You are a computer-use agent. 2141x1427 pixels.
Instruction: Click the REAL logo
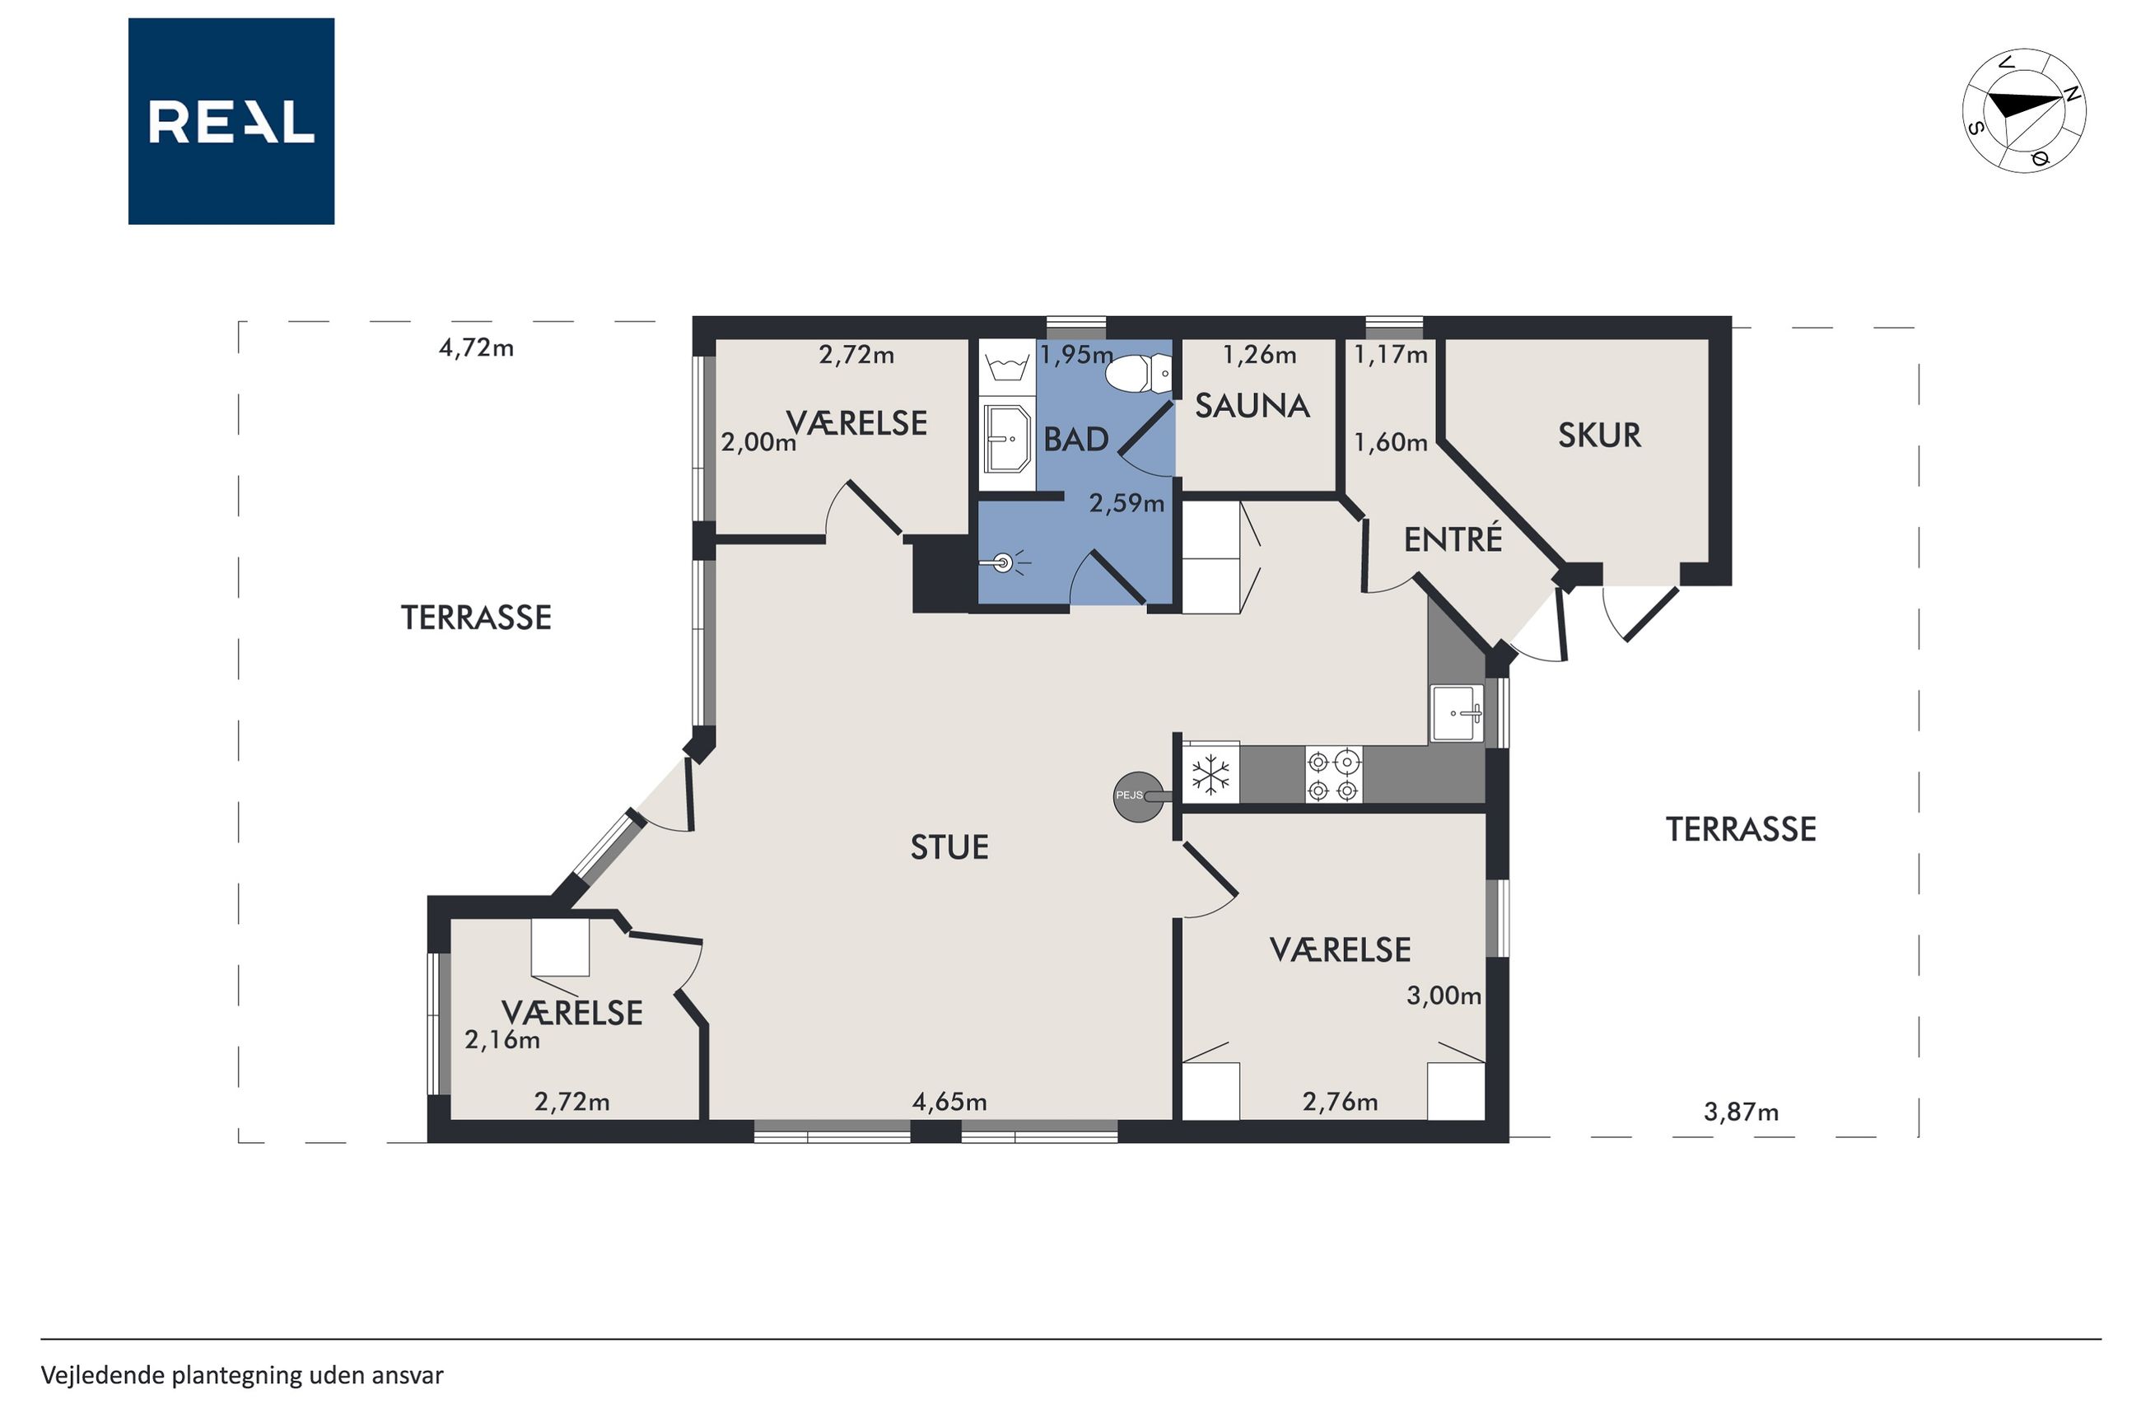click(x=231, y=121)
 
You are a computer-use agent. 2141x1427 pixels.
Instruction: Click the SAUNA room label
click(x=1252, y=406)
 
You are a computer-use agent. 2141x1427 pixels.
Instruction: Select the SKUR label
click(x=1600, y=435)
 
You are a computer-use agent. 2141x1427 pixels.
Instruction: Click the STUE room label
click(x=949, y=847)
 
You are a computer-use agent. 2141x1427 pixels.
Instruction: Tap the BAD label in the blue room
click(x=1075, y=440)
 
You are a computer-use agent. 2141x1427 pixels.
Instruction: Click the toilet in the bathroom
click(x=1138, y=373)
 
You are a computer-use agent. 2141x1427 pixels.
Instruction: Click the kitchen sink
click(x=1457, y=715)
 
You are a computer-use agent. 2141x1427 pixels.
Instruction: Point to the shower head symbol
click(x=1004, y=563)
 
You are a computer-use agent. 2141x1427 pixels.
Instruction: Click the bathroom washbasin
click(x=1007, y=439)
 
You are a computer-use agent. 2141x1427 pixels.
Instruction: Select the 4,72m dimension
click(x=476, y=347)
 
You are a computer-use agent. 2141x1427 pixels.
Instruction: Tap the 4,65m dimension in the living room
click(x=949, y=1101)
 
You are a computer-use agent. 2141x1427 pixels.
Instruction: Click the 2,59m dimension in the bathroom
click(x=1126, y=502)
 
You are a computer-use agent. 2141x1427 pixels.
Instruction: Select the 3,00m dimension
click(x=1443, y=996)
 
